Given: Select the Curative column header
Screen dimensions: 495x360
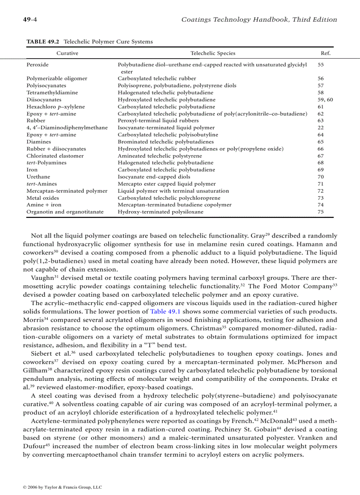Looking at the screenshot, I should (67, 53).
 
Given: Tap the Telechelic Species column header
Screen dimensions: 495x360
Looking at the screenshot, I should (213, 53).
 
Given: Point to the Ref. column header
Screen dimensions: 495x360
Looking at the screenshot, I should (325, 53).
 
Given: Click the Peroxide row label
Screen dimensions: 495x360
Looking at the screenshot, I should (37, 64).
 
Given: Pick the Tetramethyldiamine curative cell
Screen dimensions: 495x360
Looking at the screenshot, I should (52, 93).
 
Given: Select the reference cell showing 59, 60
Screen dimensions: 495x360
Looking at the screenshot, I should (325, 100).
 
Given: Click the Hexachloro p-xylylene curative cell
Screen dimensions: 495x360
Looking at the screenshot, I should (56, 107).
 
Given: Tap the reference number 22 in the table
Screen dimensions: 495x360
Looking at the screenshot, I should (320, 128).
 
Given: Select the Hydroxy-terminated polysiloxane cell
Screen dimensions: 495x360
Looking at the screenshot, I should (161, 212).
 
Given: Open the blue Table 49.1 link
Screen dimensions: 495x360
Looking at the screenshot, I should (165, 311).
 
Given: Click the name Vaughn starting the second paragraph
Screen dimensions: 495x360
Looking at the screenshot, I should (42, 278).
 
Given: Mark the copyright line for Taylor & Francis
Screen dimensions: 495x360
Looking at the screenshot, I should (62, 487).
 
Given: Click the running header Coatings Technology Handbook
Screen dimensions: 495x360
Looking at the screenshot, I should (259, 19).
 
